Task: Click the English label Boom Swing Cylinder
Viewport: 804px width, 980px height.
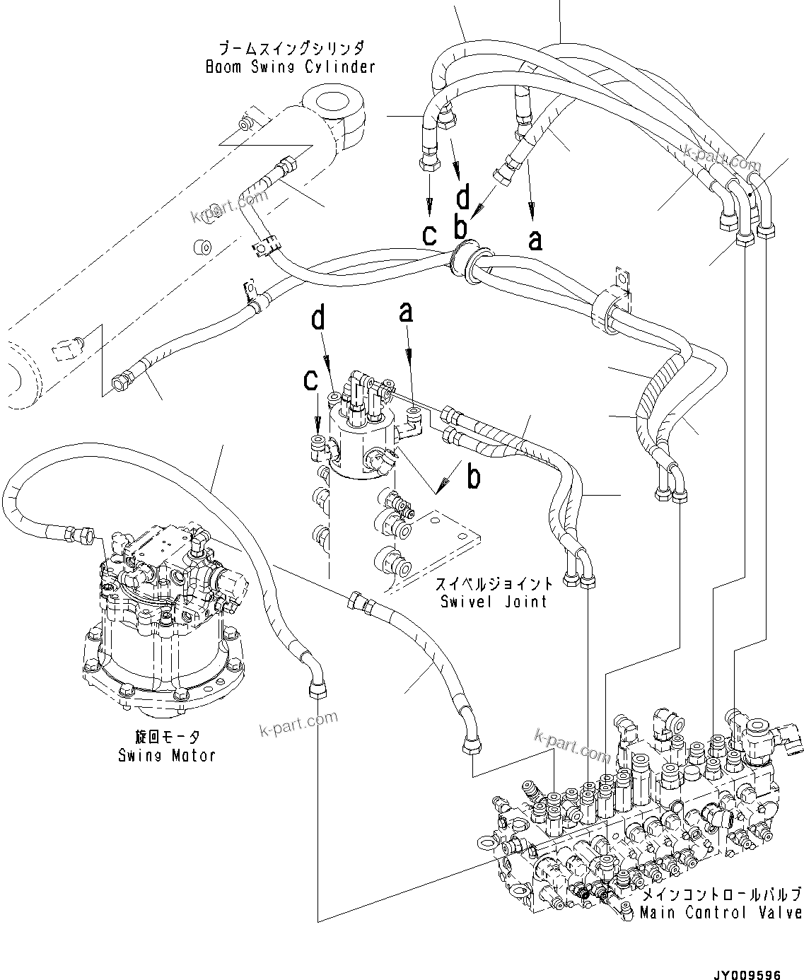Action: pos(290,67)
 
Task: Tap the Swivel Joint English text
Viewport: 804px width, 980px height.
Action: pos(493,602)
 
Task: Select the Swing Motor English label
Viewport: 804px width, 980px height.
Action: pos(166,755)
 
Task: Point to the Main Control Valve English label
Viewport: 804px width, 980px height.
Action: pos(721,913)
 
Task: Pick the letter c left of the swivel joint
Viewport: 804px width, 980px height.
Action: pos(310,380)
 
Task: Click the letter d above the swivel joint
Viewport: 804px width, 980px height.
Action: pos(319,319)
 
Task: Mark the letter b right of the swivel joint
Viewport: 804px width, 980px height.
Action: pos(474,477)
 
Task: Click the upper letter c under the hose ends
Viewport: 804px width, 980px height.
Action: pos(429,234)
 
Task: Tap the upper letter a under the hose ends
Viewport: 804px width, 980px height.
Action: pos(535,239)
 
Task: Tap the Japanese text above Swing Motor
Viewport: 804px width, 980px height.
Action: pos(166,737)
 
